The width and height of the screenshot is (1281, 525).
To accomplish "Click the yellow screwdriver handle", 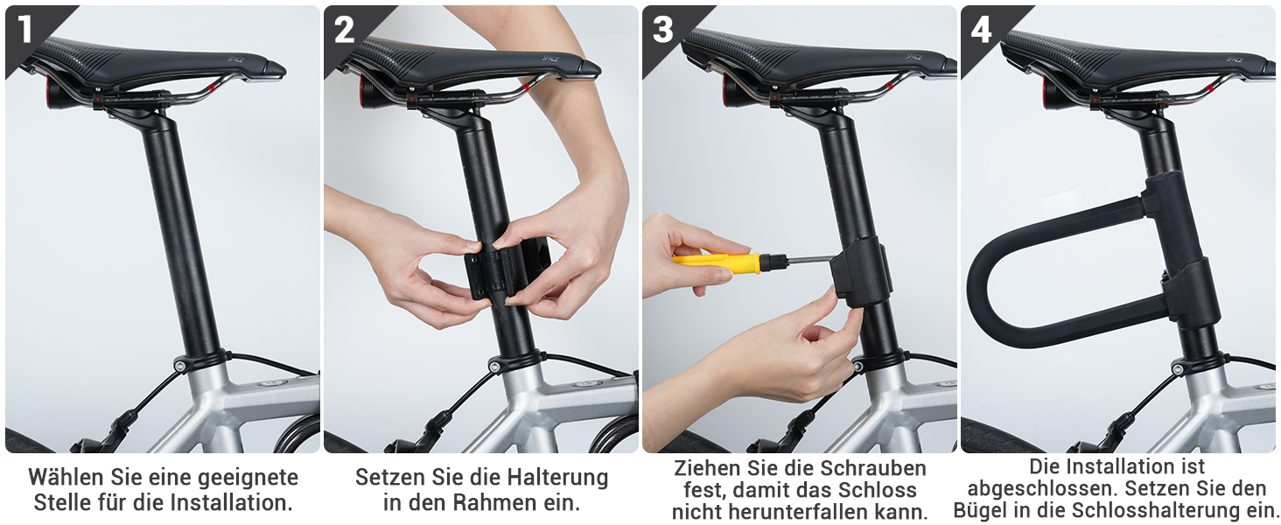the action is coord(717,262).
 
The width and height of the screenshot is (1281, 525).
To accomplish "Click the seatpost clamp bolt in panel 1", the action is coord(178,364).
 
